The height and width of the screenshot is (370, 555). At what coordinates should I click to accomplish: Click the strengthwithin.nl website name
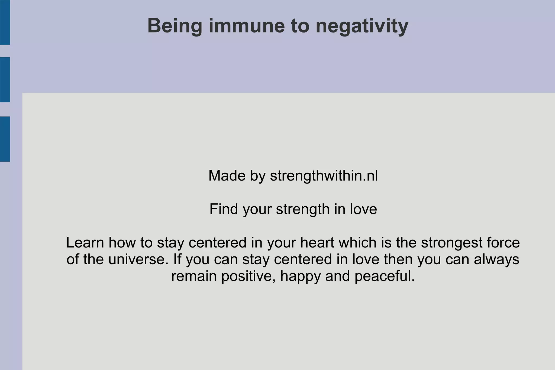point(324,176)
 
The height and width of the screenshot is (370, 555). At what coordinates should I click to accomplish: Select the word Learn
point(85,242)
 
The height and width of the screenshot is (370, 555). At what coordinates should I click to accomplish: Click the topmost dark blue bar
point(5,22)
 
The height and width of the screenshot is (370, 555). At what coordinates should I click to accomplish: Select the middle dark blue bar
point(5,79)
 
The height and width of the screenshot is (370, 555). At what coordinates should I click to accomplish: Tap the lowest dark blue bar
point(5,139)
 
